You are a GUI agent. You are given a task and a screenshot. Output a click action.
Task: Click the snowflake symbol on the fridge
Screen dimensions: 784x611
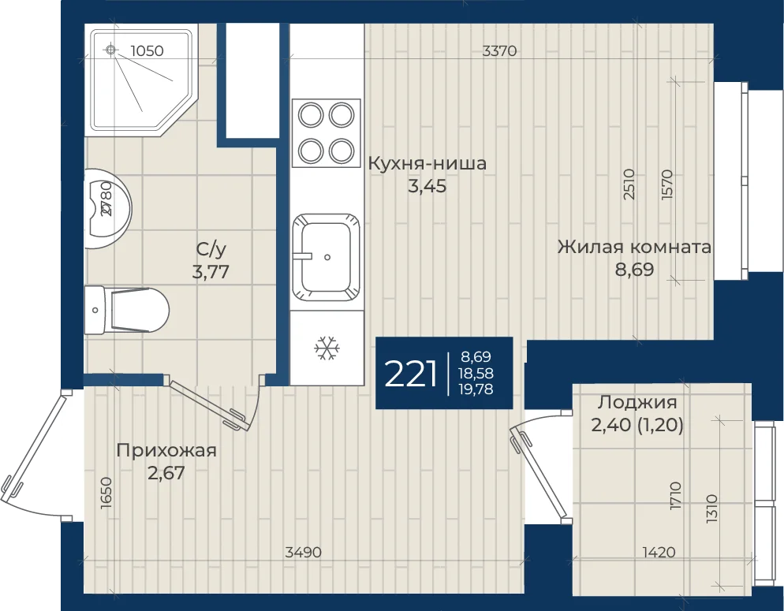pos(327,348)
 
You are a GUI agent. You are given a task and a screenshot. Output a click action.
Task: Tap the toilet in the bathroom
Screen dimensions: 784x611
pos(127,311)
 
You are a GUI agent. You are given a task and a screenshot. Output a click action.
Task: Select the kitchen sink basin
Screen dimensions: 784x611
pos(327,257)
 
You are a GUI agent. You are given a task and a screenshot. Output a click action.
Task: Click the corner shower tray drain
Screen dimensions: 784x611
pos(111,50)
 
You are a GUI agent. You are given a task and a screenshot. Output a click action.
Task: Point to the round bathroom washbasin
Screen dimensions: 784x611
pos(108,209)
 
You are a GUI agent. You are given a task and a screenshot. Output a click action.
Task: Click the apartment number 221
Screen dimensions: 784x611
pos(411,374)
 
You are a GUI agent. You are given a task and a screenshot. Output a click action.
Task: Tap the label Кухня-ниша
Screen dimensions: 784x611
pos(427,163)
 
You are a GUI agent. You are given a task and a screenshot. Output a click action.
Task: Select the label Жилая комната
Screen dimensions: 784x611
pos(634,247)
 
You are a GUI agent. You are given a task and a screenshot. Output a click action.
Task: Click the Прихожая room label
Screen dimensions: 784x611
pos(166,451)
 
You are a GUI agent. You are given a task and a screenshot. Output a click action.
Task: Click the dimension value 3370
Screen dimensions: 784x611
pos(499,50)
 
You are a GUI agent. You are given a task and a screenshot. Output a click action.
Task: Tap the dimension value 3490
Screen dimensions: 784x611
pos(303,552)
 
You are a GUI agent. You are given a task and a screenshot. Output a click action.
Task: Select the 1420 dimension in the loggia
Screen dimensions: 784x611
pos(659,552)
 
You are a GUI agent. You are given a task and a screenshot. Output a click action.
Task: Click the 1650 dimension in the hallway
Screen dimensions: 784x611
pos(106,493)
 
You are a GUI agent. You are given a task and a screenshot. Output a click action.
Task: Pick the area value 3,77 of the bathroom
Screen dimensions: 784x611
pos(211,272)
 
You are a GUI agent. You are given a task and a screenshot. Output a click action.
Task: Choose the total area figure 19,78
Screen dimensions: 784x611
pos(476,389)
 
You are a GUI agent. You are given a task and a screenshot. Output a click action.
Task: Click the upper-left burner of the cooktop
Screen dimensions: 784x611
pos(311,115)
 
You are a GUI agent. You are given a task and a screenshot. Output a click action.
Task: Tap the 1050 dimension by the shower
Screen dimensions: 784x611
pos(147,50)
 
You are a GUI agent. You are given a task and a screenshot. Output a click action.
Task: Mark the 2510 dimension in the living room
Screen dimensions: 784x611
pos(629,184)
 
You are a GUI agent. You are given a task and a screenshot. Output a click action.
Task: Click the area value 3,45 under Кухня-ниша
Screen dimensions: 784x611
pos(427,186)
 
